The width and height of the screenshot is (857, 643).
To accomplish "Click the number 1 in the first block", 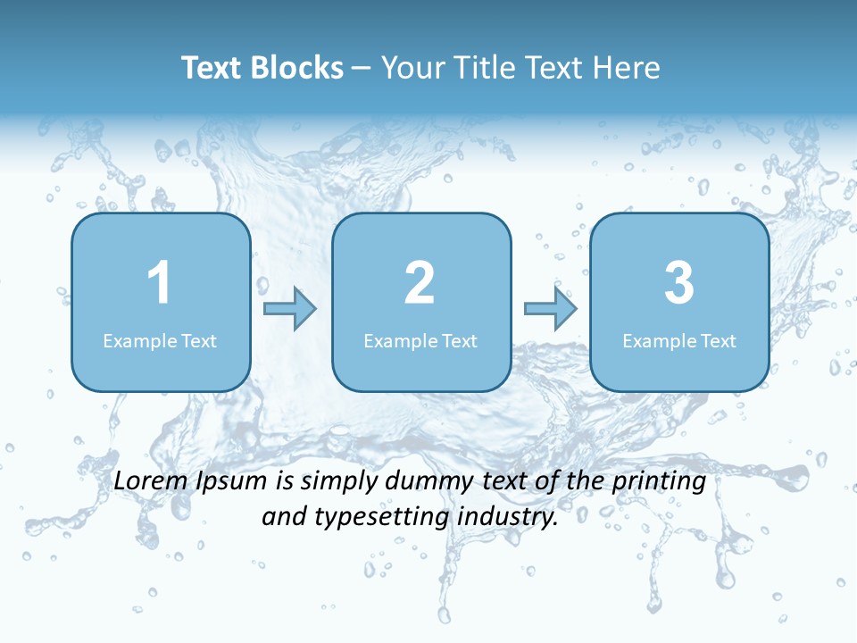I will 160,283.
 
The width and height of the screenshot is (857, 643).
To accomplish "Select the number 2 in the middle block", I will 420,283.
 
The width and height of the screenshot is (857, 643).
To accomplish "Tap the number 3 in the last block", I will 679,283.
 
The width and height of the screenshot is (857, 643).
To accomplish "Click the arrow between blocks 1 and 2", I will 290,309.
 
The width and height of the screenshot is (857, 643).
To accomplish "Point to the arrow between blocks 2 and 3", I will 550,309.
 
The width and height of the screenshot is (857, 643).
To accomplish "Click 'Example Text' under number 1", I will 160,340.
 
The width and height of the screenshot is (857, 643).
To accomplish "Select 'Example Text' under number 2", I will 420,340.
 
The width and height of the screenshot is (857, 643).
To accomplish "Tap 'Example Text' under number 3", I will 679,340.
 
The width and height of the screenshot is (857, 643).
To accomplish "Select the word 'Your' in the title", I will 412,68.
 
